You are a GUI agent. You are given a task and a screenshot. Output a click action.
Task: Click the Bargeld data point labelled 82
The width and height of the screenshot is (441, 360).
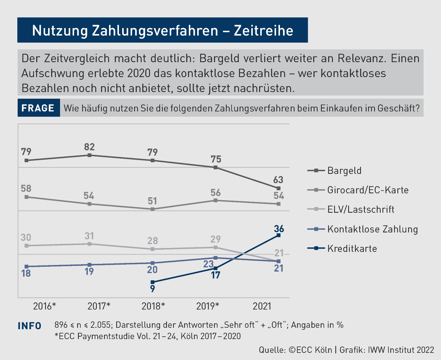(x=89, y=155)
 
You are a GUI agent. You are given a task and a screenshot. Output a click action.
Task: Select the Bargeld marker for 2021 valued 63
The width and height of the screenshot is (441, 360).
(x=278, y=188)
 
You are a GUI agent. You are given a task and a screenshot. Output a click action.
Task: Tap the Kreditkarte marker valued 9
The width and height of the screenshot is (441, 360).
(x=153, y=282)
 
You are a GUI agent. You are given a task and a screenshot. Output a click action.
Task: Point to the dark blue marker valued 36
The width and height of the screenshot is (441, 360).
(x=278, y=235)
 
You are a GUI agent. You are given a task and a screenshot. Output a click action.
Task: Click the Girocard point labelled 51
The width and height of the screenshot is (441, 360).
(x=153, y=209)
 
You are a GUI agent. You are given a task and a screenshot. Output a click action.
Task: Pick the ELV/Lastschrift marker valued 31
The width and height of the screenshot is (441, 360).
(x=89, y=244)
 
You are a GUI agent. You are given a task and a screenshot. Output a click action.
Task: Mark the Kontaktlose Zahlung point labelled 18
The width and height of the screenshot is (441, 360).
(x=26, y=266)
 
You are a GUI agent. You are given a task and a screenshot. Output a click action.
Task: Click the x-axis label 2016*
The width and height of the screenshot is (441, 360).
(x=45, y=306)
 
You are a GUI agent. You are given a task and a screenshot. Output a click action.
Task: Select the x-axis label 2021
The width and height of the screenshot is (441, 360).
(x=262, y=306)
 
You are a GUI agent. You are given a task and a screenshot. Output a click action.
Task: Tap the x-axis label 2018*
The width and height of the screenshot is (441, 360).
(x=153, y=306)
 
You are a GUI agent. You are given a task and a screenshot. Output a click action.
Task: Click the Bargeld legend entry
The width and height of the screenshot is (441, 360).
(x=344, y=171)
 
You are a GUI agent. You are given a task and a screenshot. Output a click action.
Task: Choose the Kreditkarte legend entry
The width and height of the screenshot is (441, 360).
(x=352, y=249)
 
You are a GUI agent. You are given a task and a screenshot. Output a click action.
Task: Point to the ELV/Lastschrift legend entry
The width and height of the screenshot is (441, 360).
(x=361, y=209)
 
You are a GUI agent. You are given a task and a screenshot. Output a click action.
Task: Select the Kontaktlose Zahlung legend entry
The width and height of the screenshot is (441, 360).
(x=372, y=229)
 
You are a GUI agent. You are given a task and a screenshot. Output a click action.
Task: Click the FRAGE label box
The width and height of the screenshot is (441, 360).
(x=38, y=108)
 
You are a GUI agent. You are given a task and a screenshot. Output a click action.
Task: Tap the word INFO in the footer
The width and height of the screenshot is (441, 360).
(x=30, y=326)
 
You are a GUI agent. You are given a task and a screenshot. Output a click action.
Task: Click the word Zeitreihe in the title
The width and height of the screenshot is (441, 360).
(x=264, y=30)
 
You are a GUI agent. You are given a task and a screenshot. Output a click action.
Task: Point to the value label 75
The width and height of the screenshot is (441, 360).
(x=216, y=159)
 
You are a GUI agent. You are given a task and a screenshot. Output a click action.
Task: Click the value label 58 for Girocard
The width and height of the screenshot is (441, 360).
(x=26, y=189)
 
